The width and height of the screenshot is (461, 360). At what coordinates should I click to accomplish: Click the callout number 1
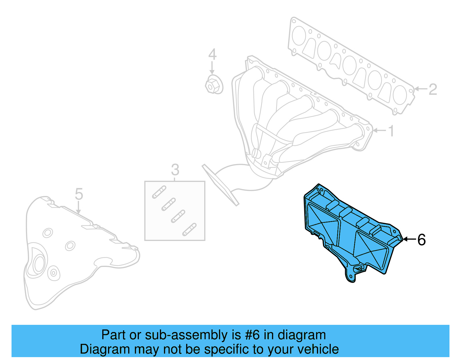[391, 131]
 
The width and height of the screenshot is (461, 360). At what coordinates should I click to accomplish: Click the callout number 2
[432, 89]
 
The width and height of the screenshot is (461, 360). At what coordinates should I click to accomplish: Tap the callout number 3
[175, 170]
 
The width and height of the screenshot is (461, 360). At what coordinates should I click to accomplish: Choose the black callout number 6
[421, 240]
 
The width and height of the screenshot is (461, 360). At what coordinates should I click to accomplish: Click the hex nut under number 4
[214, 84]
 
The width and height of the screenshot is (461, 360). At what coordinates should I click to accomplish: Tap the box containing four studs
[175, 211]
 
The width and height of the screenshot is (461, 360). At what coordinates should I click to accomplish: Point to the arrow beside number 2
[421, 89]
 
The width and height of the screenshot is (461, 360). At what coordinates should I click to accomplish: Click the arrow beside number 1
[379, 131]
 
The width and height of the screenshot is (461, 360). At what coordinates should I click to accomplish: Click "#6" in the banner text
[252, 335]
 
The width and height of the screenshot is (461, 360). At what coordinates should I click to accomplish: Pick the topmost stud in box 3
[159, 192]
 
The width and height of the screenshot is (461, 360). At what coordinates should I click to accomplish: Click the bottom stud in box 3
[189, 229]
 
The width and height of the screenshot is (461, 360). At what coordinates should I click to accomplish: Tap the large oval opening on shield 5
[38, 264]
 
